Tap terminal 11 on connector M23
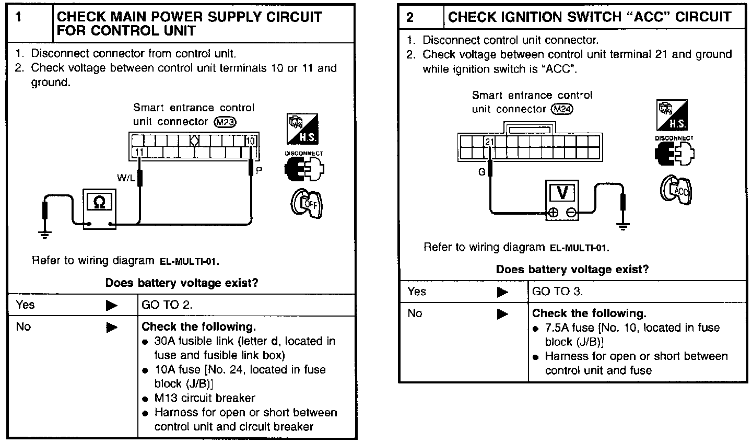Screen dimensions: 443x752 pyautogui.click(x=139, y=152)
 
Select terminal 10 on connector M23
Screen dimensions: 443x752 pyautogui.click(x=251, y=141)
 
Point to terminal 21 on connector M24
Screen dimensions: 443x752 pyautogui.click(x=489, y=142)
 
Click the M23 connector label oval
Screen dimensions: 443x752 pyautogui.click(x=226, y=122)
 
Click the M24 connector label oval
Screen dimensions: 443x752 pyautogui.click(x=562, y=109)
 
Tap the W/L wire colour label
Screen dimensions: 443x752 pyautogui.click(x=125, y=178)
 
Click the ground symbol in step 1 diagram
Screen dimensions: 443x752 pyautogui.click(x=45, y=235)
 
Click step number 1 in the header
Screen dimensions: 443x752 pyautogui.click(x=19, y=17)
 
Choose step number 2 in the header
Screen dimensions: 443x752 pyautogui.click(x=410, y=17)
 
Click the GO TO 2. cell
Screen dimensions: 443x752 pyautogui.click(x=167, y=305)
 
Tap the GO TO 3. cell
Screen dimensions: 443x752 pyautogui.click(x=557, y=292)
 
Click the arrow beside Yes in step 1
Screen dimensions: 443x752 pyautogui.click(x=111, y=306)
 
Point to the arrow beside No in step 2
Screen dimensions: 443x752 pyautogui.click(x=502, y=314)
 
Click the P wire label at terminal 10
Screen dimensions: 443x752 pyautogui.click(x=258, y=170)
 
